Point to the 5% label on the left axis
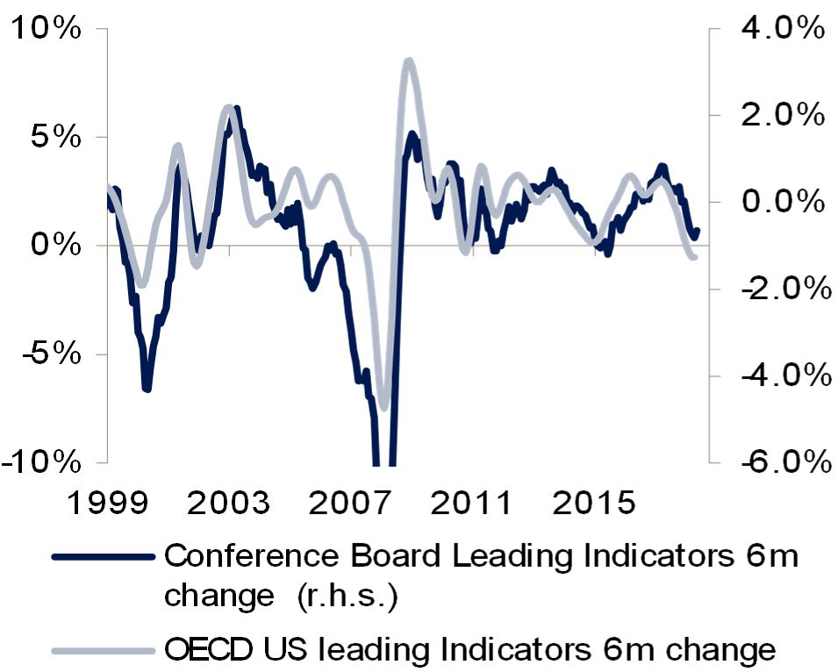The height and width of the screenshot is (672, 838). pyautogui.click(x=56, y=137)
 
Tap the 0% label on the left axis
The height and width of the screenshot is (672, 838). pyautogui.click(x=56, y=245)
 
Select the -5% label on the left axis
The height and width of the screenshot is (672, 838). pyautogui.click(x=51, y=354)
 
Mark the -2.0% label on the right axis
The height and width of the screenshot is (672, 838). pyautogui.click(x=785, y=289)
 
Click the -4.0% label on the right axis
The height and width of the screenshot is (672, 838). pyautogui.click(x=785, y=375)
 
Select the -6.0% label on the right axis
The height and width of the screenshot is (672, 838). pyautogui.click(x=785, y=461)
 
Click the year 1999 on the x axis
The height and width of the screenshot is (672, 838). pyautogui.click(x=108, y=504)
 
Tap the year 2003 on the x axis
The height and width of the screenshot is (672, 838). pyautogui.click(x=229, y=504)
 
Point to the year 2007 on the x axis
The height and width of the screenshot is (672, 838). pyautogui.click(x=350, y=504)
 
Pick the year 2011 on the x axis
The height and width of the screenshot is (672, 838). pyautogui.click(x=471, y=504)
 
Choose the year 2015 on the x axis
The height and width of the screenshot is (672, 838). pyautogui.click(x=594, y=504)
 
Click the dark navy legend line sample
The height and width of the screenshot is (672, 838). pyautogui.click(x=104, y=557)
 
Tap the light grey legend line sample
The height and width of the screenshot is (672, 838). pyautogui.click(x=104, y=651)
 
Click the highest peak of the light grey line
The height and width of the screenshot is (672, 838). pyautogui.click(x=409, y=62)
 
